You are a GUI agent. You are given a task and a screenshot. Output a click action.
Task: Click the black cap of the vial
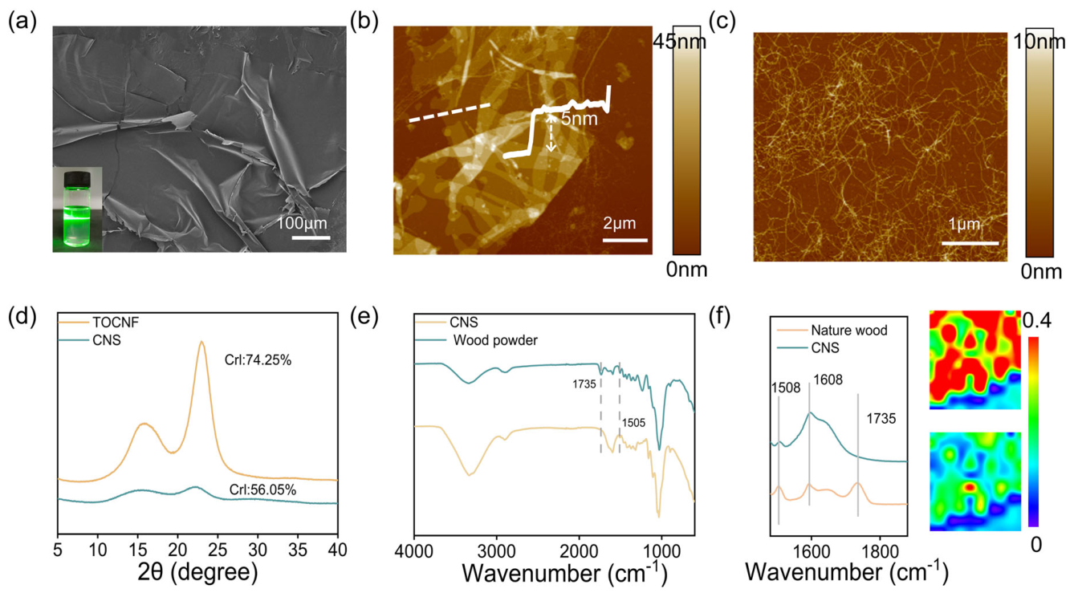pyautogui.click(x=77, y=179)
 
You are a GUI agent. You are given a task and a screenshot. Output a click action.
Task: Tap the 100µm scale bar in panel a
pyautogui.click(x=311, y=238)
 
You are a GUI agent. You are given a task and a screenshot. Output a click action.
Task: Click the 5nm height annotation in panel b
pyautogui.click(x=580, y=119)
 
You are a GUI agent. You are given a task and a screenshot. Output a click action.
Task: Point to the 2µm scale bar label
pyautogui.click(x=620, y=223)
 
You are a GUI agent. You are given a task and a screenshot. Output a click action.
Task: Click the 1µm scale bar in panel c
pyautogui.click(x=970, y=243)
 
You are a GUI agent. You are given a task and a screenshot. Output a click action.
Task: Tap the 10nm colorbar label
pyautogui.click(x=1039, y=43)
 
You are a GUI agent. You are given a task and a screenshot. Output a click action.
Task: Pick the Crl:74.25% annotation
pyautogui.click(x=258, y=359)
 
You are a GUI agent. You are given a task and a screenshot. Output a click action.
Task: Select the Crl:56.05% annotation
pyautogui.click(x=262, y=489)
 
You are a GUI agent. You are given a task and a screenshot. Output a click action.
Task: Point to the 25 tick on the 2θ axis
pyautogui.click(x=218, y=550)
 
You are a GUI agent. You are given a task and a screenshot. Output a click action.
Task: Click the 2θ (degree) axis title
pyautogui.click(x=197, y=572)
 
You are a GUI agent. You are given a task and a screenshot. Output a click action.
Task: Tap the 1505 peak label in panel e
pyautogui.click(x=633, y=423)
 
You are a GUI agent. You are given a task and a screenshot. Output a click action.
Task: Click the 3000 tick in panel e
pyautogui.click(x=497, y=551)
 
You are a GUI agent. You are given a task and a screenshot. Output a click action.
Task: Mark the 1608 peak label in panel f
pyautogui.click(x=828, y=380)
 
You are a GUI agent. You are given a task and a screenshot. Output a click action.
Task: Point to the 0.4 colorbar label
pyautogui.click(x=1036, y=320)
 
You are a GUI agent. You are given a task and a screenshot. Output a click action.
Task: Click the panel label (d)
pyautogui.click(x=22, y=318)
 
